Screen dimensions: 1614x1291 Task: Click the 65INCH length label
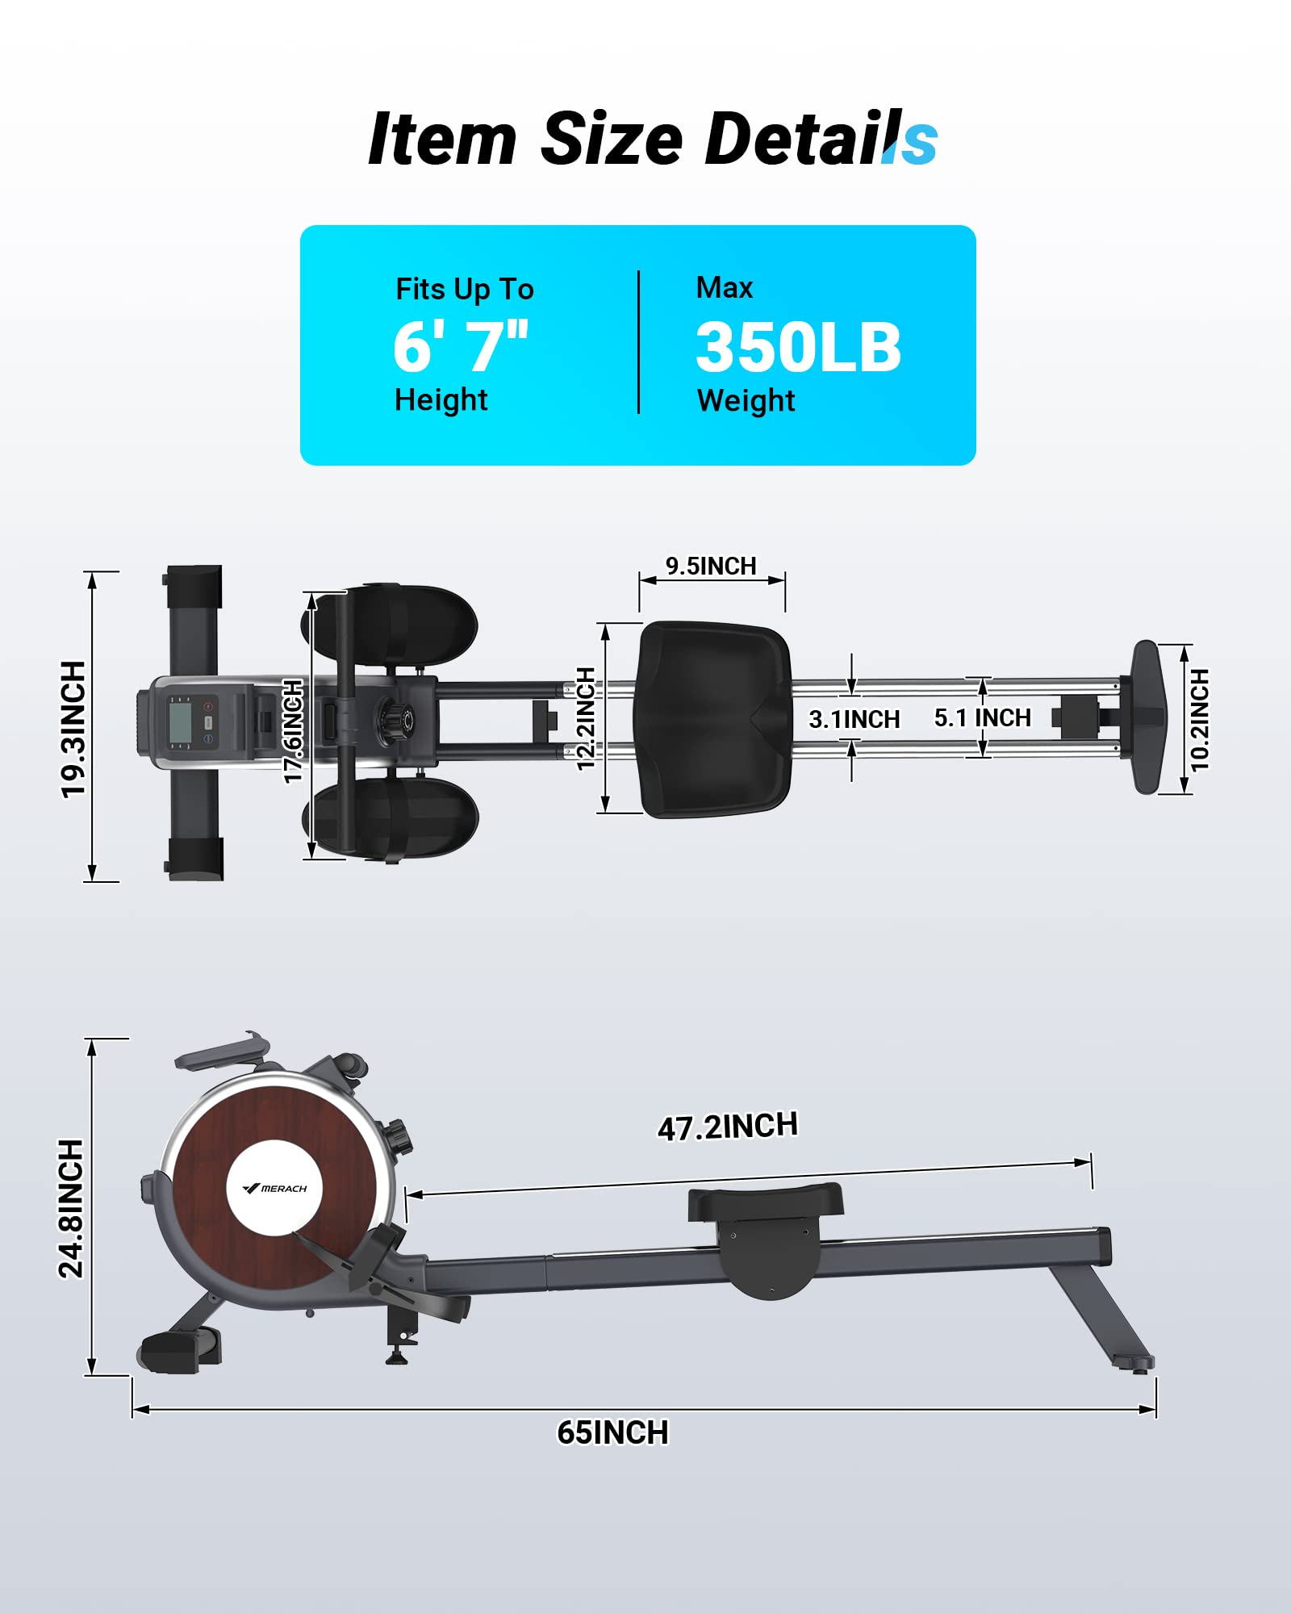(612, 1432)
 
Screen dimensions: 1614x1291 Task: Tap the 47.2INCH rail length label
(728, 1127)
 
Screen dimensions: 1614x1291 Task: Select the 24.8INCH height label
(72, 1208)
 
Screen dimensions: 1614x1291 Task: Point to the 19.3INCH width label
(73, 729)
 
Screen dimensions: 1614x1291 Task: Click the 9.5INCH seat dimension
(711, 567)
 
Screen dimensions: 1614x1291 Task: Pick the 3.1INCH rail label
(854, 719)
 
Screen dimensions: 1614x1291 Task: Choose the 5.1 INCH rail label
(982, 717)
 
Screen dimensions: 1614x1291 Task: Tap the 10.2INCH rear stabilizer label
(1200, 720)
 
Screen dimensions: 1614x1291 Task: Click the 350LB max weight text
(798, 348)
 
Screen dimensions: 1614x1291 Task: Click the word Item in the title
(441, 140)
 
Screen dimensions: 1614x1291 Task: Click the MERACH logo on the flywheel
(274, 1189)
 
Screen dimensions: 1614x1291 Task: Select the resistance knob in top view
(396, 716)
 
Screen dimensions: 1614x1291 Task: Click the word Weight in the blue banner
(746, 401)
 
